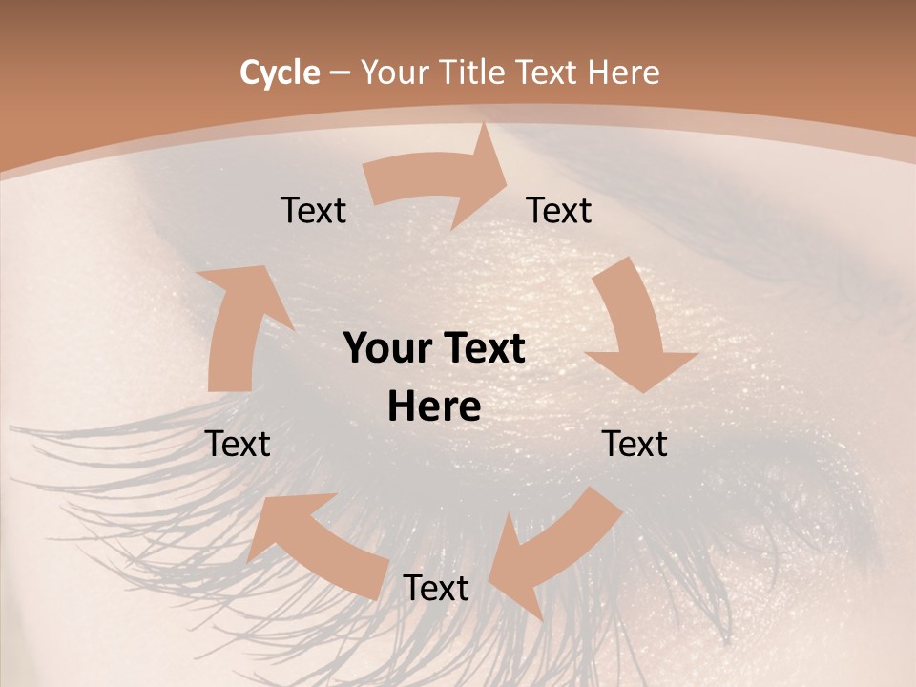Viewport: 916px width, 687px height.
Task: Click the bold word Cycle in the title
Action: (280, 73)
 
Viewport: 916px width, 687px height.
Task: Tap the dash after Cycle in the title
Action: (340, 73)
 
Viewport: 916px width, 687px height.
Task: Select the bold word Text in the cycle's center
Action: (480, 348)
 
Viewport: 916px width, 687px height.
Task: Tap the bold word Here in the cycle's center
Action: (434, 407)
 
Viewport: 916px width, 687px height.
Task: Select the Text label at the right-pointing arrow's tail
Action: (313, 210)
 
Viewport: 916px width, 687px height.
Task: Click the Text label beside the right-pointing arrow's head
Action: (559, 210)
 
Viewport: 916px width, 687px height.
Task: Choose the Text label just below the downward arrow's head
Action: (635, 444)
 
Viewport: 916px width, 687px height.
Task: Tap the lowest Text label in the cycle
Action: (436, 588)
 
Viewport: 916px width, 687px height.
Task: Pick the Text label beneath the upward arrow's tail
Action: (238, 444)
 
